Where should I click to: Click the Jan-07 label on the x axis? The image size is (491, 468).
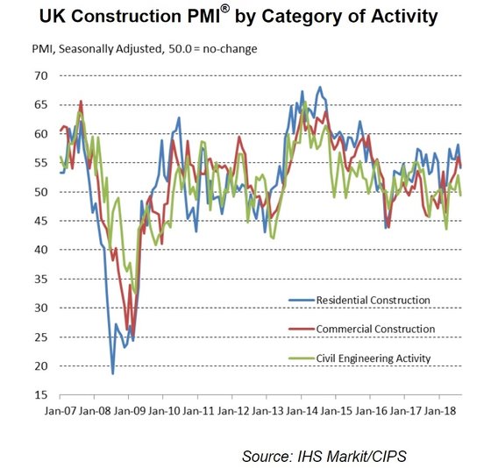(61, 409)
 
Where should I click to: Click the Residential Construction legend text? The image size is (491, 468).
(374, 301)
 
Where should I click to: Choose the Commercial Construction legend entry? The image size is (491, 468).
(375, 329)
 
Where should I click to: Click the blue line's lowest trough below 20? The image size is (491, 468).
(112, 373)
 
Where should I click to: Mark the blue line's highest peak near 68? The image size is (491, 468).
(320, 88)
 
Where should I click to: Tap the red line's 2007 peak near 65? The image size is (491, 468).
(81, 102)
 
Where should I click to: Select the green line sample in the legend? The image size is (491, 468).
(302, 358)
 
